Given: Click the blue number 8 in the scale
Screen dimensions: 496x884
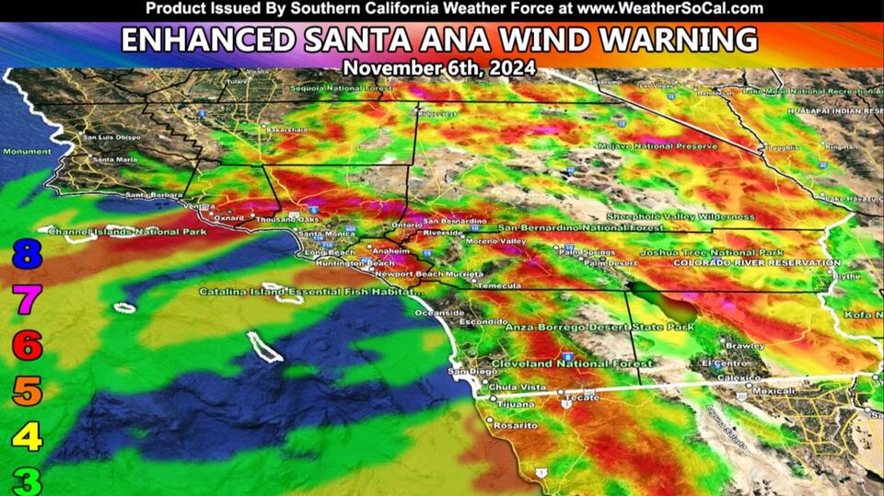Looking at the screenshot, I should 27,253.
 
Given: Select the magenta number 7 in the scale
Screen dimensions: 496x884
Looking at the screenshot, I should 27,298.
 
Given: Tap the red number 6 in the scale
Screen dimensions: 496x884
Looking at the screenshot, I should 27,346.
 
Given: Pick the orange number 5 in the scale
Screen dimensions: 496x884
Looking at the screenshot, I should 27,391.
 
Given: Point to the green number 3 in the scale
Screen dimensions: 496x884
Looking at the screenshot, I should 27,479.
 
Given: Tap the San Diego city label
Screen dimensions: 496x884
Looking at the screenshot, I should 466,371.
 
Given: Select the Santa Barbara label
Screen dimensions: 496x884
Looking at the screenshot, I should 153,195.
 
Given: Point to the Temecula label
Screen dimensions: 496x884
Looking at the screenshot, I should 499,285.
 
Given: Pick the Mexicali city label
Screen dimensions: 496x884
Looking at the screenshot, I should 747,390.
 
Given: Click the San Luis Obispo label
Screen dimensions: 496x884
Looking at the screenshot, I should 112,138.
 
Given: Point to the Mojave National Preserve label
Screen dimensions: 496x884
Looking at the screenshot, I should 657,146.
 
